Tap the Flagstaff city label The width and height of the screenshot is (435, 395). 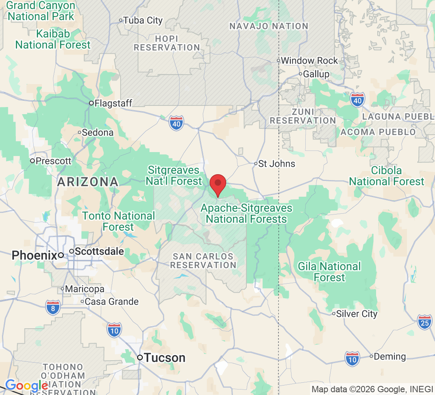click(x=112, y=103)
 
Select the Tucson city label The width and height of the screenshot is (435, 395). click(x=165, y=358)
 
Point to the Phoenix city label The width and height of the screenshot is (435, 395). click(x=34, y=255)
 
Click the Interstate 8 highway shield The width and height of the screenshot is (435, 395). click(x=53, y=307)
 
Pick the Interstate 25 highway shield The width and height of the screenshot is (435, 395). click(x=424, y=322)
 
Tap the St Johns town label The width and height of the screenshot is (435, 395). click(x=276, y=164)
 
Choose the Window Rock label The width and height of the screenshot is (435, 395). click(x=309, y=60)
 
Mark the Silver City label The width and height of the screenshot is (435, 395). click(x=357, y=314)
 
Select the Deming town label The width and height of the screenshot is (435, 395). click(x=390, y=356)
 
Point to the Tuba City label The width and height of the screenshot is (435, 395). click(x=143, y=20)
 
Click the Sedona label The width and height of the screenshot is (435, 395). click(x=98, y=132)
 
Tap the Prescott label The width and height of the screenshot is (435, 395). click(x=53, y=161)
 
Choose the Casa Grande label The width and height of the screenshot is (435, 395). click(x=112, y=302)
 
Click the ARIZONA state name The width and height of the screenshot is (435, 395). click(x=87, y=182)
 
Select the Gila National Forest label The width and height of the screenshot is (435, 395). click(x=329, y=272)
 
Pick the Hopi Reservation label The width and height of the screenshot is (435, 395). click(x=167, y=43)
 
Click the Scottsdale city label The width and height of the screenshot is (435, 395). click(x=99, y=251)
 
